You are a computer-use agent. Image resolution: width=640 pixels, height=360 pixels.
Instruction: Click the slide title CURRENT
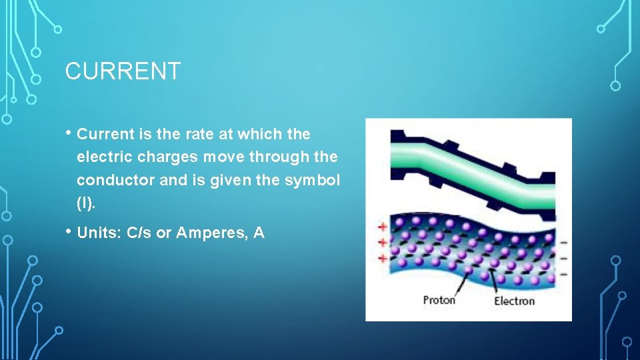coord(123,71)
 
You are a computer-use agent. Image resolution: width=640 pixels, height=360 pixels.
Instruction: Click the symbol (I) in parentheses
coord(86,204)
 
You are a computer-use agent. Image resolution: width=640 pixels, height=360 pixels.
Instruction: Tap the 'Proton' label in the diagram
coord(439,299)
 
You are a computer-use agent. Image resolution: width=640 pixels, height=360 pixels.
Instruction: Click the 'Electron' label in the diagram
coord(514,301)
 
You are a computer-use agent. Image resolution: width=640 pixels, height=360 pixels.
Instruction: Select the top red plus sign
coord(383,227)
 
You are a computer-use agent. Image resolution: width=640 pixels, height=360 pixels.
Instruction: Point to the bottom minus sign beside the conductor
coord(563,273)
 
